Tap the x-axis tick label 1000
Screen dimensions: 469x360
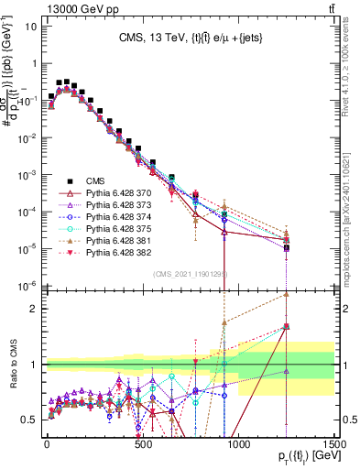pos(238,442)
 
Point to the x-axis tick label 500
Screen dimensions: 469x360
pos(142,442)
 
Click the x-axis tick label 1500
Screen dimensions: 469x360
pos(333,442)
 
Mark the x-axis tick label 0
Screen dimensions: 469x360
pos(47,442)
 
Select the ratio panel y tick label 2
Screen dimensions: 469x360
pos(31,309)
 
